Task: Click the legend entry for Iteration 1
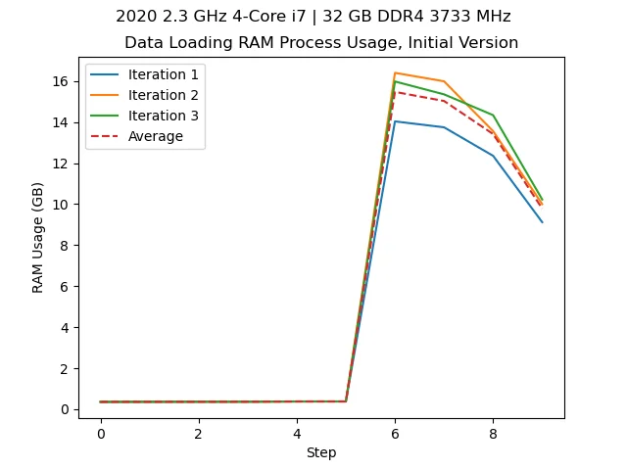coord(163,74)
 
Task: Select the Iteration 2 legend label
coord(163,95)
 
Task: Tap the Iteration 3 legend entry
coord(163,116)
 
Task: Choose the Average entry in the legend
coord(156,136)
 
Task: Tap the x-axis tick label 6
coord(395,434)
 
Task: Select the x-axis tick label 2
coord(198,434)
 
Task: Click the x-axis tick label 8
coord(493,434)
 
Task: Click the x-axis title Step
coord(321,453)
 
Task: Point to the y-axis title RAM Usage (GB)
coord(38,237)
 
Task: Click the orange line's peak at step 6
coord(395,72)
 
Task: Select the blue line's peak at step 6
coord(395,121)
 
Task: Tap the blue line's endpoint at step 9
coord(542,222)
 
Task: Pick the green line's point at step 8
coord(493,115)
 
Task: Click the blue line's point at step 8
coord(493,156)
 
